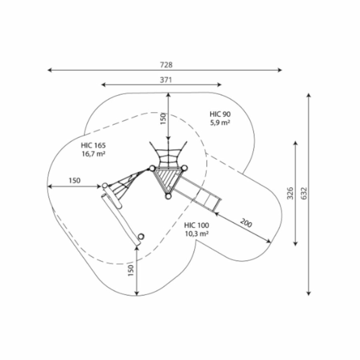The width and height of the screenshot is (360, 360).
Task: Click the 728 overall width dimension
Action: point(166,65)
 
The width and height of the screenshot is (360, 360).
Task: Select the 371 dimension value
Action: point(166,80)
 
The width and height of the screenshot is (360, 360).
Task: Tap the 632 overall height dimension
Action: point(304,193)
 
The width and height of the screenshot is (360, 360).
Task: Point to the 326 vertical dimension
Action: point(290,193)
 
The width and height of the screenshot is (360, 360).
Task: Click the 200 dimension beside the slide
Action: point(246,223)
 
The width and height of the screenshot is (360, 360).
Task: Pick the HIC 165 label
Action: point(93,145)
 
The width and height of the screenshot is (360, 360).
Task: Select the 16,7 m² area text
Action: point(94,154)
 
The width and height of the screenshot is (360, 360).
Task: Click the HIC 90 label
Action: point(220,114)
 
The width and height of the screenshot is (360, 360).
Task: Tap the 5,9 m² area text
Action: point(220,123)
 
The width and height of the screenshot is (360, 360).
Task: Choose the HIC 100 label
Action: point(196,225)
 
